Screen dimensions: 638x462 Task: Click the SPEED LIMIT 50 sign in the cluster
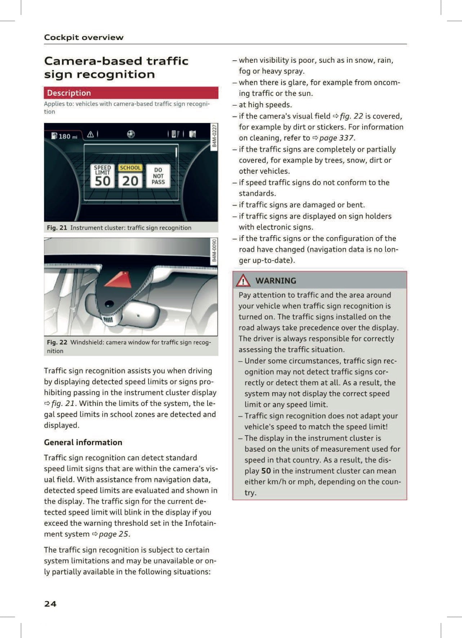click(x=102, y=176)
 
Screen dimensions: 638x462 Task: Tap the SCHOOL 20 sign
click(x=130, y=176)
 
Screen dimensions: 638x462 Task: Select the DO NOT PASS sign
click(x=158, y=176)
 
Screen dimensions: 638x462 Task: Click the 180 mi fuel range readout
click(x=65, y=136)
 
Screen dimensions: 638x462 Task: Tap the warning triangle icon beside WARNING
click(x=243, y=280)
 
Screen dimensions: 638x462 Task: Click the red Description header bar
click(x=131, y=93)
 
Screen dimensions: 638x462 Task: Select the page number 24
click(x=50, y=604)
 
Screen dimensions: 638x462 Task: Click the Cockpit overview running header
click(x=84, y=37)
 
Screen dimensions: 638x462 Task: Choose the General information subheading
click(x=83, y=442)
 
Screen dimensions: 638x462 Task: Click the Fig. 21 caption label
click(x=57, y=228)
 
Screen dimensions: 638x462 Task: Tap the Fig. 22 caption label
click(x=57, y=342)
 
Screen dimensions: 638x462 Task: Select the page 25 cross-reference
click(x=114, y=534)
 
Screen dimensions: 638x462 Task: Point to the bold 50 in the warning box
click(x=266, y=471)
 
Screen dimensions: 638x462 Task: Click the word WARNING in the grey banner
click(x=276, y=280)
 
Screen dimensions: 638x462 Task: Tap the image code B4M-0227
click(x=214, y=136)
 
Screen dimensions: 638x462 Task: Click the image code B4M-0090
click(x=214, y=250)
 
